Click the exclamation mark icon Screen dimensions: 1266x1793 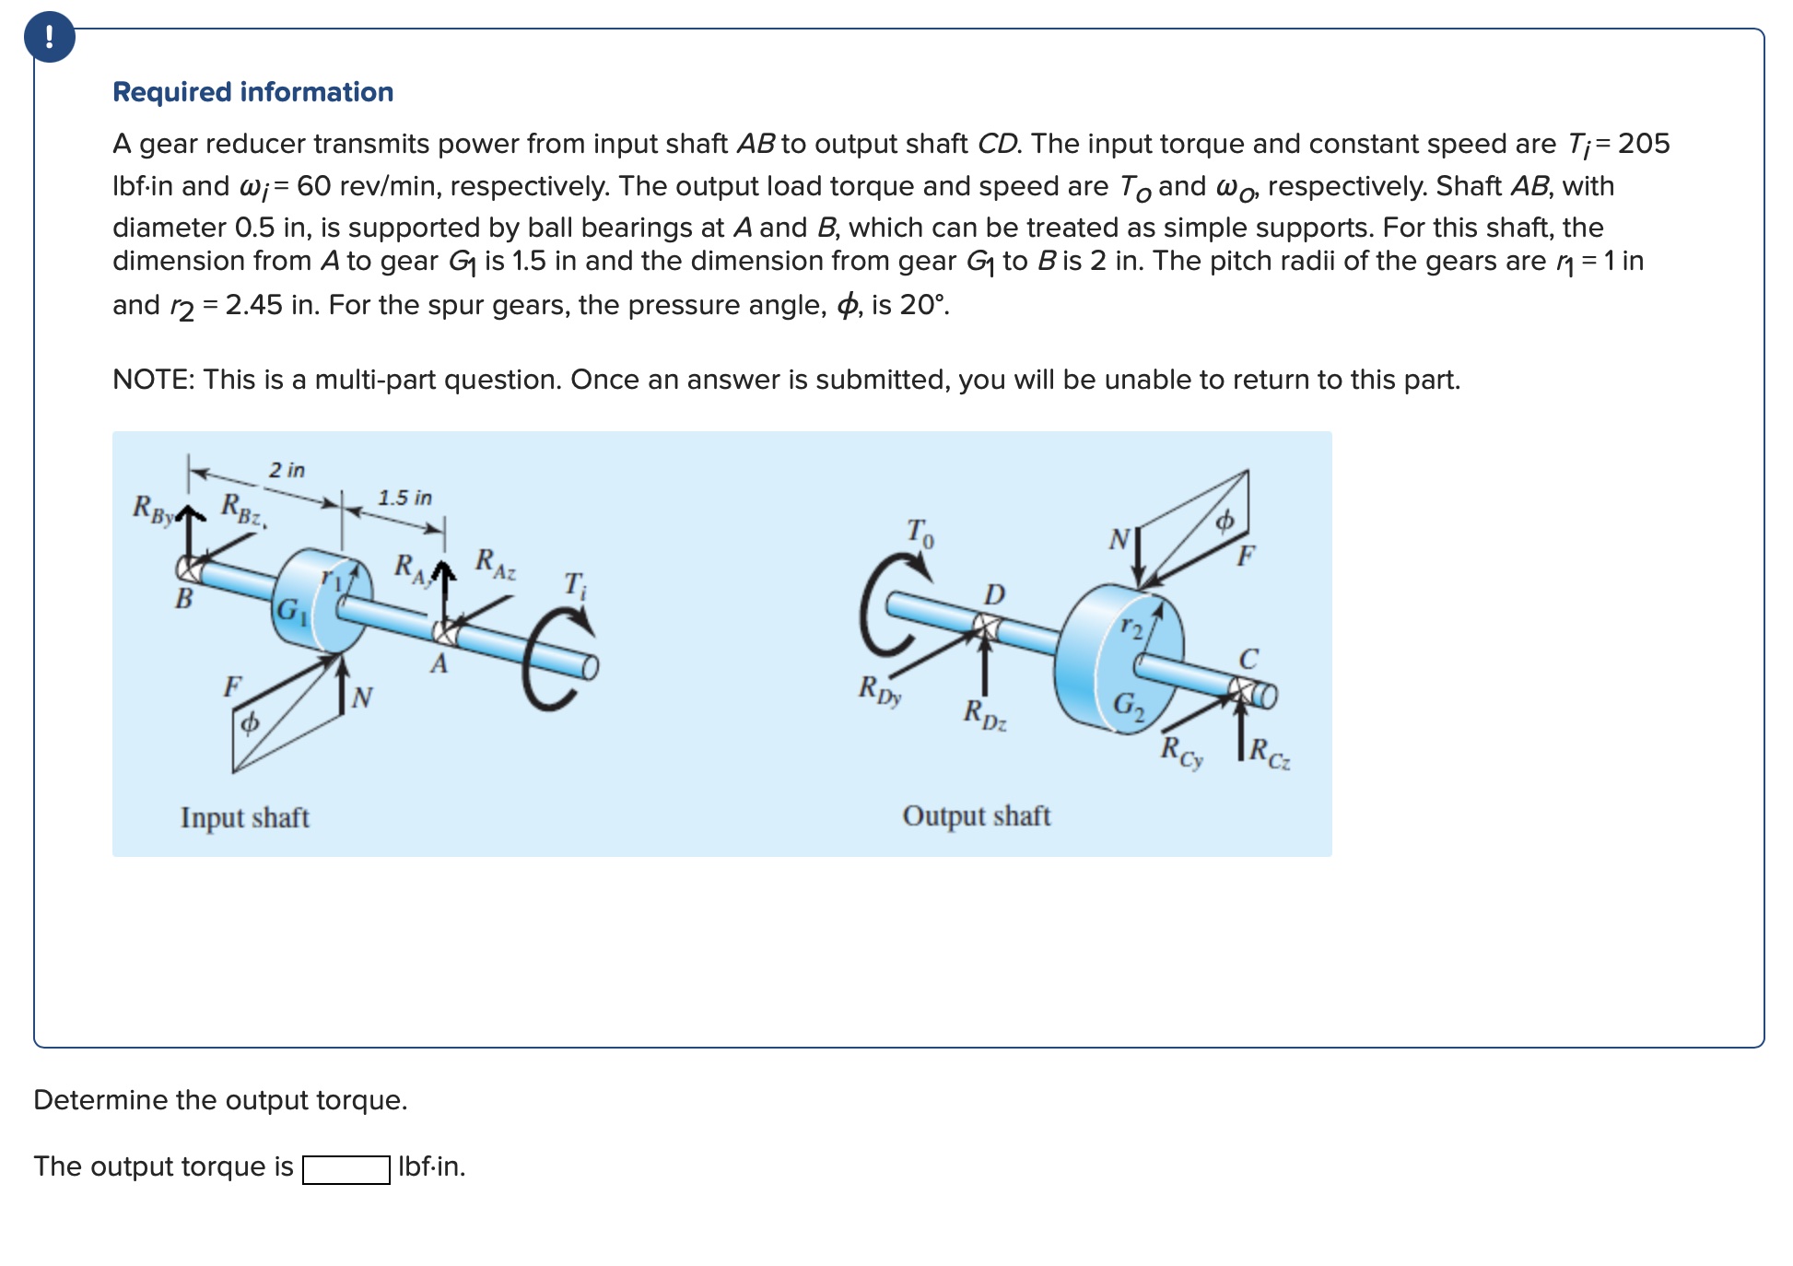(50, 38)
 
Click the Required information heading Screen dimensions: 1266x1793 (252, 92)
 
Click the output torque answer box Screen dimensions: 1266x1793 (346, 1168)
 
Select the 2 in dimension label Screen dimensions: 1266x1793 (287, 470)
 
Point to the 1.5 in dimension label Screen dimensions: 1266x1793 (404, 498)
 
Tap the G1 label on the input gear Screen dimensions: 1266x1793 (292, 612)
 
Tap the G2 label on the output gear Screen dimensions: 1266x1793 (1129, 707)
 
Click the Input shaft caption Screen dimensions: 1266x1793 (244, 817)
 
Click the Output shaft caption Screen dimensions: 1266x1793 (976, 815)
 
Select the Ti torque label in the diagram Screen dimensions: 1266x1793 (574, 585)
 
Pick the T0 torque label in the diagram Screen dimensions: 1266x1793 (920, 533)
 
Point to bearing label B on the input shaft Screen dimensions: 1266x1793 (184, 599)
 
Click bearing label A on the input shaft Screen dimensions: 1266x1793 (439, 663)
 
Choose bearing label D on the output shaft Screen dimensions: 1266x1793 (993, 594)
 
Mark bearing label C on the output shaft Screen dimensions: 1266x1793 (1248, 659)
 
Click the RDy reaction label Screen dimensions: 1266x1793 (879, 690)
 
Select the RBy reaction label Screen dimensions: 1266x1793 (153, 509)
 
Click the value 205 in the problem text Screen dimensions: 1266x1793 (1644, 144)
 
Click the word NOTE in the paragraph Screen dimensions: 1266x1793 (151, 380)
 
